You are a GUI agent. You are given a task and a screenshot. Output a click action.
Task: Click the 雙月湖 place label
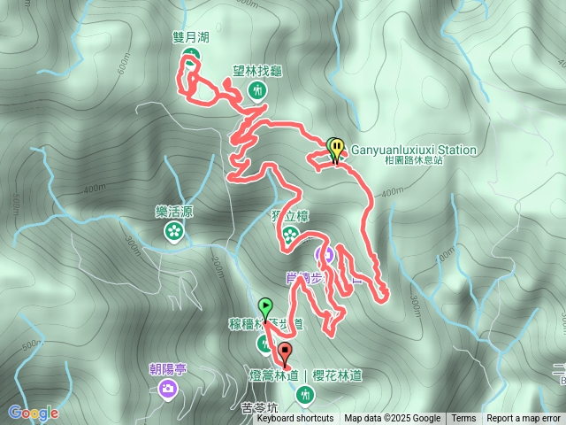tap(190, 38)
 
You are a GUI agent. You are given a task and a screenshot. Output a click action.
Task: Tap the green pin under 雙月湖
tap(191, 59)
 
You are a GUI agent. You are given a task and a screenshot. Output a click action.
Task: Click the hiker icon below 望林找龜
tap(257, 89)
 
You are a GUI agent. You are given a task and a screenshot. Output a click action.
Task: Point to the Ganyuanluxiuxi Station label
tap(414, 151)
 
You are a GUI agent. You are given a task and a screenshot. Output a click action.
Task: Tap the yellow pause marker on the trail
tap(334, 147)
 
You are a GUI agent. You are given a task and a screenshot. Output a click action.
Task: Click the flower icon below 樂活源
tap(174, 231)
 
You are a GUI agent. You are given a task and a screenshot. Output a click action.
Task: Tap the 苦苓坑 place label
tap(259, 408)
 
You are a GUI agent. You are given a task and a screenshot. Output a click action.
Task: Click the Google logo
tap(33, 413)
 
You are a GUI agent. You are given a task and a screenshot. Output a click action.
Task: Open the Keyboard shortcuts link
tap(294, 418)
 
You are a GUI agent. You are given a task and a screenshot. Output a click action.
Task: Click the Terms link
tap(463, 418)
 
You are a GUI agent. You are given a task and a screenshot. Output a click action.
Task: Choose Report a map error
tap(524, 418)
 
